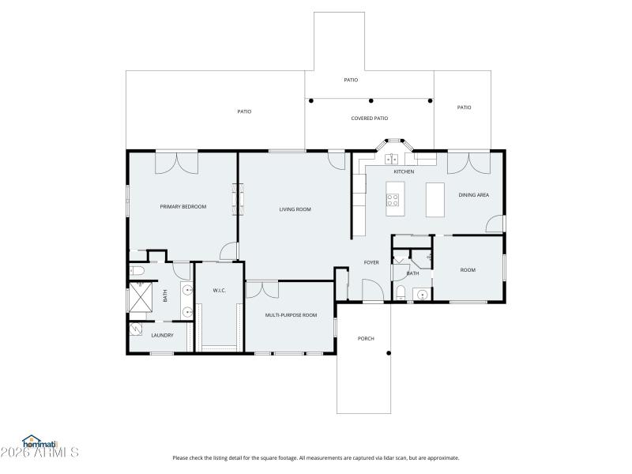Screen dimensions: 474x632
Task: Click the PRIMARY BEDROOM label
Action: point(182,207)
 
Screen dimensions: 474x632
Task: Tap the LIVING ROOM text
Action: point(295,209)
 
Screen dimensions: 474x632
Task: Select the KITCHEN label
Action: point(404,171)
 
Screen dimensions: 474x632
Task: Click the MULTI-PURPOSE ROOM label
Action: point(291,315)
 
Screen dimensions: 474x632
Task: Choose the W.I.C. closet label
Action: point(220,291)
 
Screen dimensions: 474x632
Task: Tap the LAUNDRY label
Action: point(162,335)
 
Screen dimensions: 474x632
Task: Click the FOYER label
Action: point(371,262)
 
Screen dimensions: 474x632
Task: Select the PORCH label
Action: point(366,339)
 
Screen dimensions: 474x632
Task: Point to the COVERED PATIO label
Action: point(370,118)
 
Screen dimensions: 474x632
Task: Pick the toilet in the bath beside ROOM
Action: point(401,295)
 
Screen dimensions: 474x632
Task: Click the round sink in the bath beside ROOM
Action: point(423,296)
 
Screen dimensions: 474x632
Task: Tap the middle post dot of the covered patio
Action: point(371,100)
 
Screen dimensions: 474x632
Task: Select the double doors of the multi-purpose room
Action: point(261,288)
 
